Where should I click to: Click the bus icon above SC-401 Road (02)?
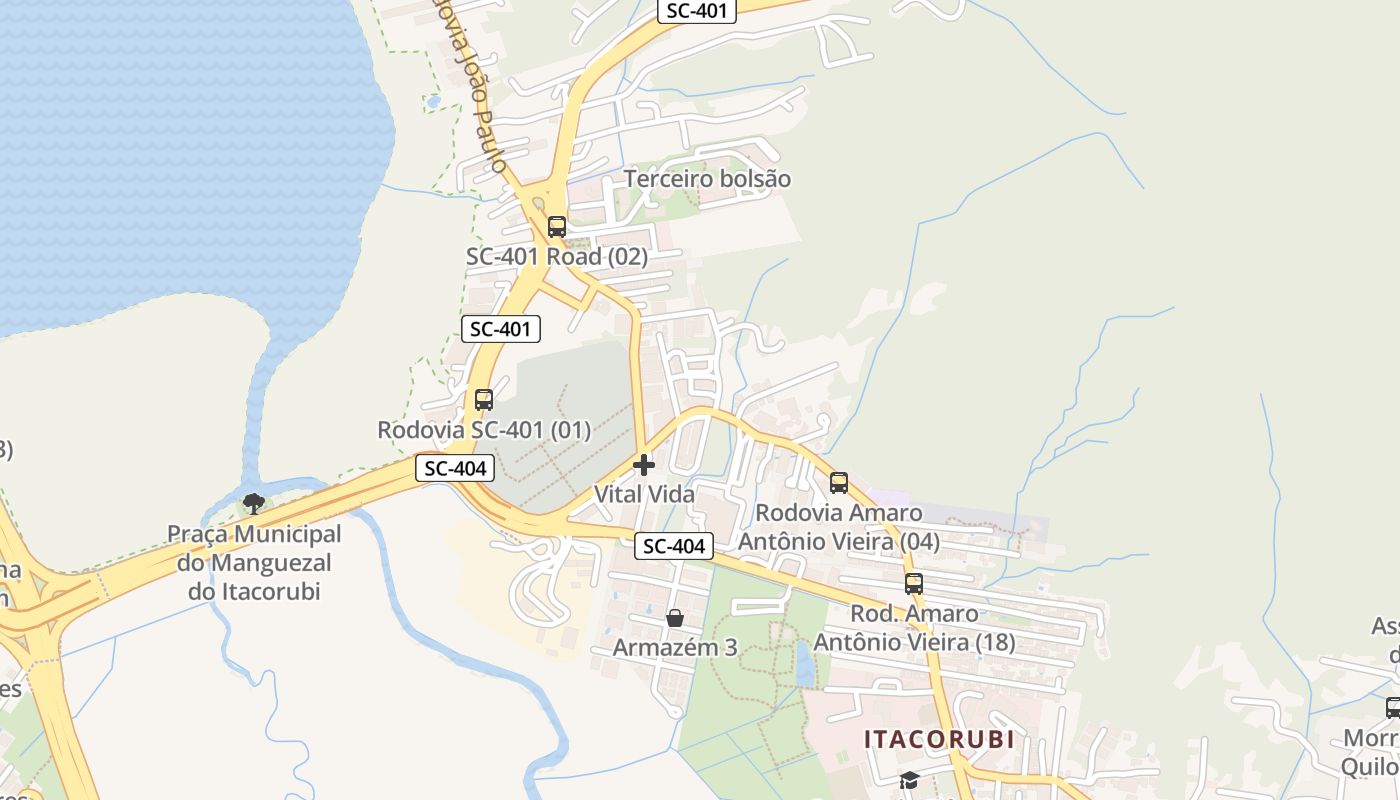pos(557,227)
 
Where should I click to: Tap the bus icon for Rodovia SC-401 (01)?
pos(484,400)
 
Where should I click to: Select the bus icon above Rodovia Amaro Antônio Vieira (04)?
pos(839,483)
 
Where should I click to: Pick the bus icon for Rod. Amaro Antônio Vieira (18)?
pos(914,583)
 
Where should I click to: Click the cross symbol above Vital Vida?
pos(644,465)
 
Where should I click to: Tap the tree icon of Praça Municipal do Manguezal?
pos(254,503)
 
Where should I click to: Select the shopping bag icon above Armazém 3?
pos(675,618)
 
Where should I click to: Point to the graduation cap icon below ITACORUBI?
pos(909,780)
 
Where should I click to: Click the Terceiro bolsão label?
pos(707,179)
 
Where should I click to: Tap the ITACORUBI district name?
pos(939,740)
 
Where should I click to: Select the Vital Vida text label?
pos(644,494)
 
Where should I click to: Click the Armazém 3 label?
pos(675,647)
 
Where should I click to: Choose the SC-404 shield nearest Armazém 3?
pos(675,546)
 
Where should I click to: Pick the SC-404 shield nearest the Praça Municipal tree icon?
pos(455,468)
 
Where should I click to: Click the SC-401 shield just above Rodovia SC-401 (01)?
pos(501,328)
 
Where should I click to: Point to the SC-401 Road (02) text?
pos(557,257)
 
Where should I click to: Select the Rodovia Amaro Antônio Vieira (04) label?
pos(839,527)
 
